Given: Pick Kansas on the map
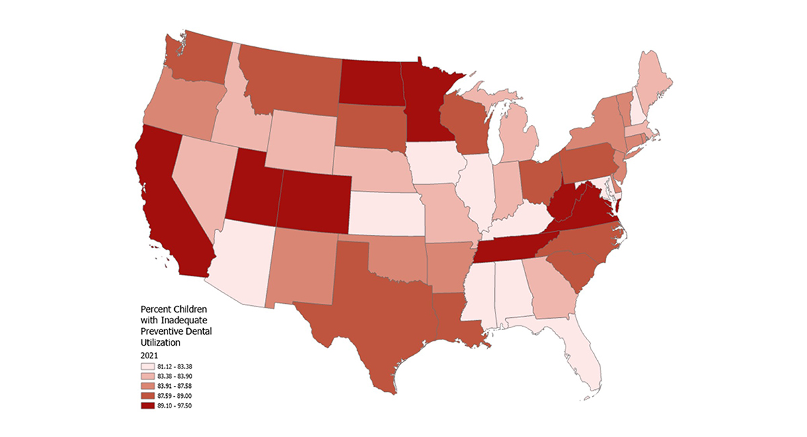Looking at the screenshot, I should tap(387, 212).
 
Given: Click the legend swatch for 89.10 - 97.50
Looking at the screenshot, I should tap(147, 405).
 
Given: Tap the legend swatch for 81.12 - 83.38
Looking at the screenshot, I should tap(147, 366).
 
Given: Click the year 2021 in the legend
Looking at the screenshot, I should tap(149, 354).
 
